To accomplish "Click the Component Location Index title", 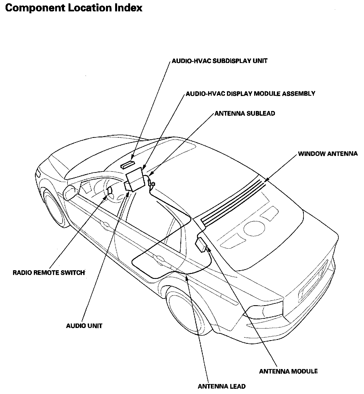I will [x=74, y=8].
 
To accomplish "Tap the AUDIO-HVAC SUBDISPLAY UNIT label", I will [x=219, y=61].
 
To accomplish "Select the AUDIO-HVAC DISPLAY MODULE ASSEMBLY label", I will [x=250, y=94].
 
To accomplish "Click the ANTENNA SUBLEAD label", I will [x=245, y=113].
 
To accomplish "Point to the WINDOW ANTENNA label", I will [x=328, y=153].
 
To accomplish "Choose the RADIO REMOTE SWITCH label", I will [x=49, y=272].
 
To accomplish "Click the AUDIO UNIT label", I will [x=84, y=325].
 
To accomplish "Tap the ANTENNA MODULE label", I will [x=288, y=371].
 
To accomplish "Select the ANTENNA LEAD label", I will [x=221, y=386].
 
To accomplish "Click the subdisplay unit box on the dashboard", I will [x=127, y=165].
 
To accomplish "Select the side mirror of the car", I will [x=70, y=192].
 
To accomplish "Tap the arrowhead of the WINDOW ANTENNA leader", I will [x=265, y=181].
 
